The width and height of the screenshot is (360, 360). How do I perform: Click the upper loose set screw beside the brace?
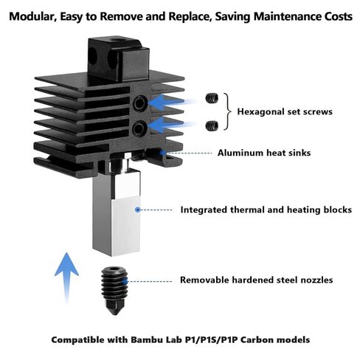click(212, 100)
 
